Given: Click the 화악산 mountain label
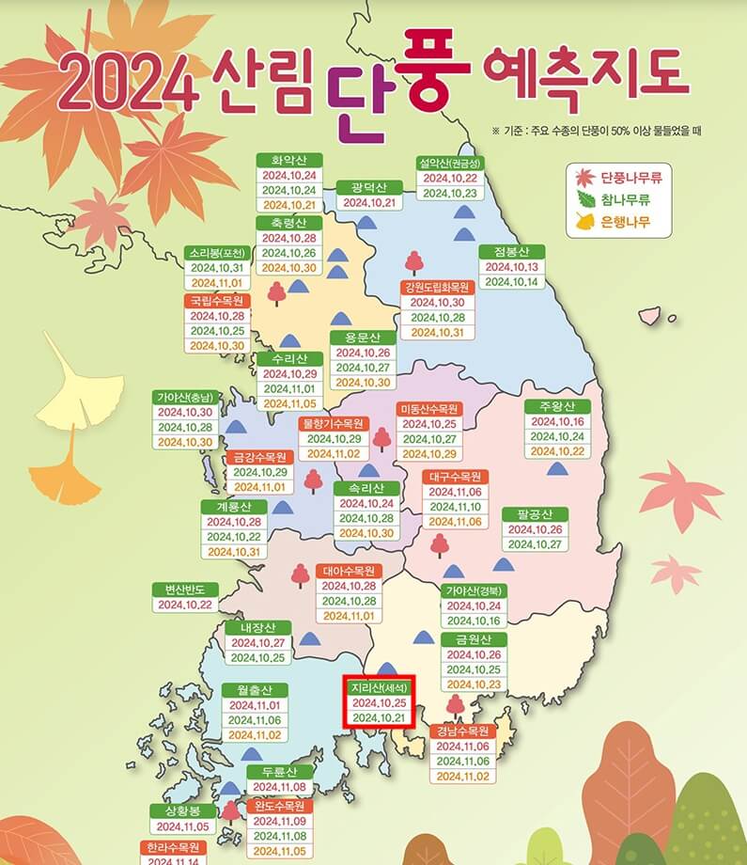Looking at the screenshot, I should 289,160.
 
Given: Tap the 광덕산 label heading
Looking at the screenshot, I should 369,187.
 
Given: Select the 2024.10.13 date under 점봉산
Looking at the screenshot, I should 511,267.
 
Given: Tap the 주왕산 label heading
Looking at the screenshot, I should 556,407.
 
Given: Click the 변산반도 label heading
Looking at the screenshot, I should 185,590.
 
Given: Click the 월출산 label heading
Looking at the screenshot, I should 255,690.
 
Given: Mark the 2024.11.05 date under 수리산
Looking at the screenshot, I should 289,404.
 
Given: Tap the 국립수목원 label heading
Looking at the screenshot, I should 217,301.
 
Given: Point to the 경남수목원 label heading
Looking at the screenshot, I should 463,731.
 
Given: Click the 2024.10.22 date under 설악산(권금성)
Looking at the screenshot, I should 449,179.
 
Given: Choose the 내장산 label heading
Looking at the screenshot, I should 257,627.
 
